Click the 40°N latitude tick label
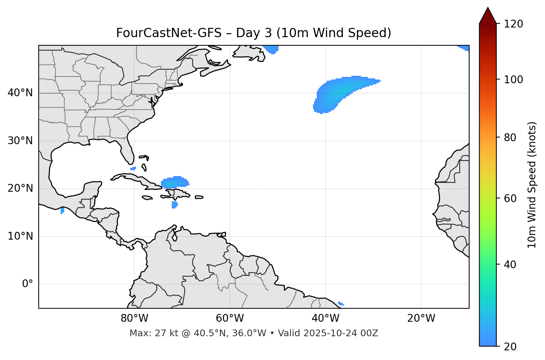20,93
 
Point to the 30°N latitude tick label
20,141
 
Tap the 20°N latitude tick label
20,189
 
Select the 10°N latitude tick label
20,236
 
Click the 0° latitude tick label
28,284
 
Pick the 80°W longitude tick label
134,318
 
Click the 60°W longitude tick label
230,318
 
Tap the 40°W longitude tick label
325,318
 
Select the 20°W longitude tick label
421,318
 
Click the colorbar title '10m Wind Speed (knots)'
532,185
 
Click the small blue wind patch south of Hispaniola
174,205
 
